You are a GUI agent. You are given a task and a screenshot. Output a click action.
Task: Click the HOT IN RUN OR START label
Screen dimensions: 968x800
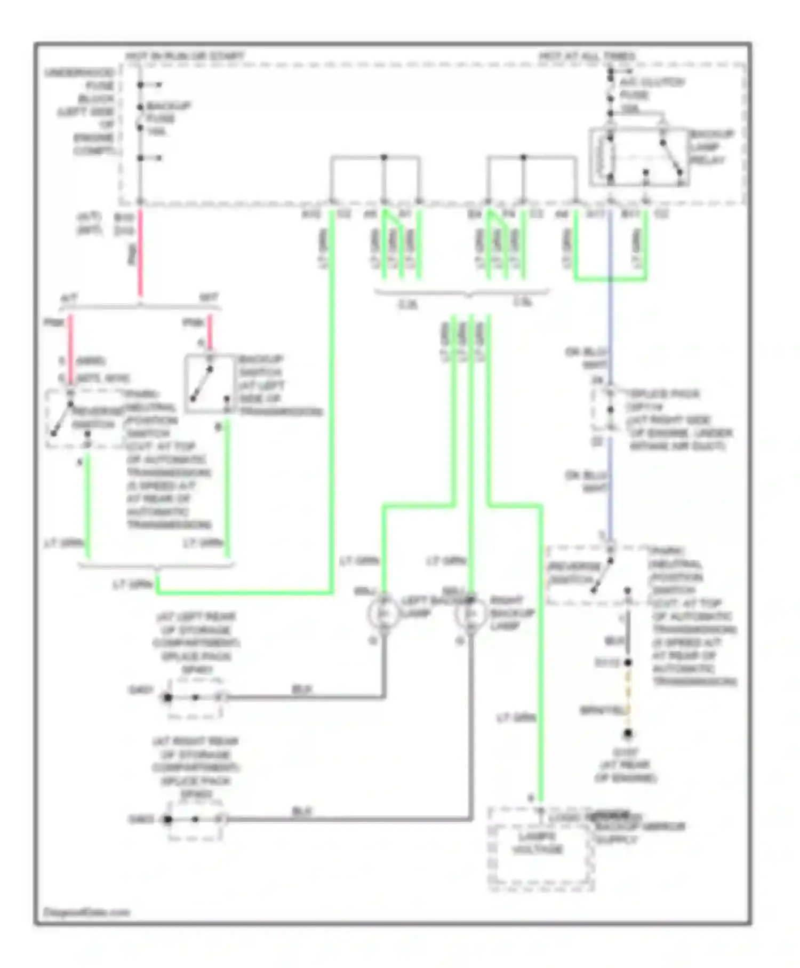click(184, 56)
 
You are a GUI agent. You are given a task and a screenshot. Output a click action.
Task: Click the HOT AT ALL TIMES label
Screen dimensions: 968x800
click(587, 56)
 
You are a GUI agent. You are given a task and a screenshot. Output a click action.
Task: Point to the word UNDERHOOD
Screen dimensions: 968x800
click(79, 73)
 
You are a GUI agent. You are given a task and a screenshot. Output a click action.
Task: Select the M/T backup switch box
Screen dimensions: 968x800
click(210, 384)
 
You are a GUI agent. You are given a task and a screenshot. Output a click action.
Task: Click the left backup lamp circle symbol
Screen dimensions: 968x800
click(383, 614)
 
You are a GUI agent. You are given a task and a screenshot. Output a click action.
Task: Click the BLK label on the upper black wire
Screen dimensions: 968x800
click(302, 689)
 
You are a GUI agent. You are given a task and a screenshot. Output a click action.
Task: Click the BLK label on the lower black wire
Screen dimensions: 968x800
click(302, 811)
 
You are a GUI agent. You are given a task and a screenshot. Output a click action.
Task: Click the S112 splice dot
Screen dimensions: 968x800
click(628, 662)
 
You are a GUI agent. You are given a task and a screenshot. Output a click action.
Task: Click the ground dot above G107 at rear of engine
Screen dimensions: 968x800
click(628, 734)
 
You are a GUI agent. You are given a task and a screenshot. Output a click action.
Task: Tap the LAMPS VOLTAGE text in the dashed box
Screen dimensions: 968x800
click(537, 843)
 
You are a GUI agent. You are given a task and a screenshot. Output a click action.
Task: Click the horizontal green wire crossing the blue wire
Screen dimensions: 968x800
click(611, 279)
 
